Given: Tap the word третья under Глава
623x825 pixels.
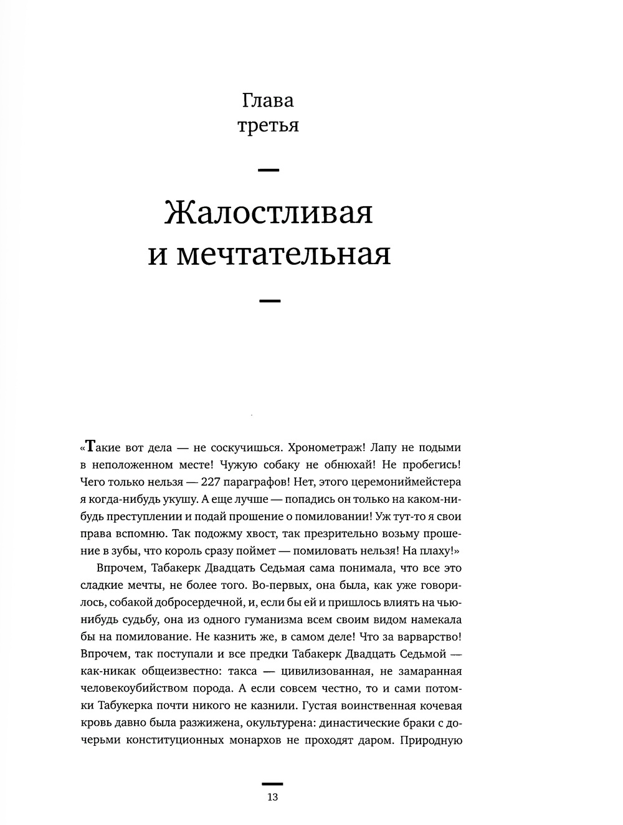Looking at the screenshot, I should tap(268, 126).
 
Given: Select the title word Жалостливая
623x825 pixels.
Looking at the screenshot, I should tap(269, 213).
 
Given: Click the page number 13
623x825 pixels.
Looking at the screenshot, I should tap(272, 797).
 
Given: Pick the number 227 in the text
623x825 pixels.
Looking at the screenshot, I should tap(209, 482).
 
